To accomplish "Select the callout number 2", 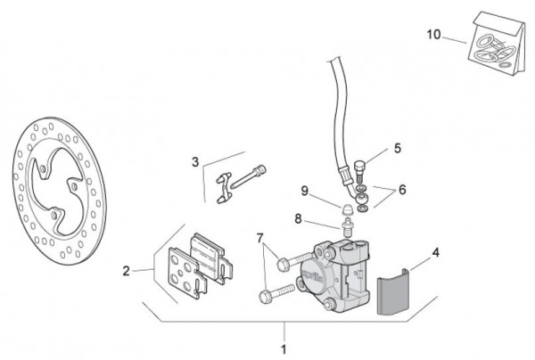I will [x=127, y=270].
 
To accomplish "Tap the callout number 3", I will [x=194, y=162].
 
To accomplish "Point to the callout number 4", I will [x=435, y=253].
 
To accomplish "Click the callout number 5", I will [x=398, y=149].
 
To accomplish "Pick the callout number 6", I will [x=402, y=189].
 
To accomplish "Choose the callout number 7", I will [x=260, y=239].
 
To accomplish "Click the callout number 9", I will [x=304, y=191].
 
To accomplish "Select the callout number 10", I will [x=433, y=36].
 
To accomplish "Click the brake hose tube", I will [x=341, y=116].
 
